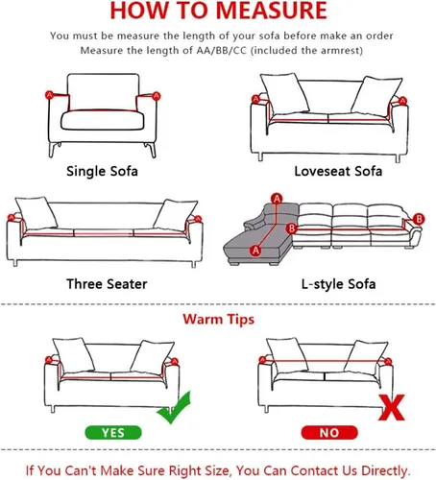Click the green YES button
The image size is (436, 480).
(113, 433)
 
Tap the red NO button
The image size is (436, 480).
(329, 433)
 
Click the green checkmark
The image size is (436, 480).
(175, 409)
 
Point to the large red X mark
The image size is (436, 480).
(392, 407)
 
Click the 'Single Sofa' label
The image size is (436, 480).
(102, 171)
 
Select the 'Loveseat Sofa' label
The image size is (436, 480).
(338, 171)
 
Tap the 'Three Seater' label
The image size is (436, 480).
(107, 284)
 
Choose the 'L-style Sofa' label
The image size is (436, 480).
(338, 284)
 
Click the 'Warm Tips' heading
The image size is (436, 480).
(219, 320)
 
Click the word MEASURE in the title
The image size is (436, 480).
(272, 11)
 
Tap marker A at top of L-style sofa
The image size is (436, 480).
(277, 199)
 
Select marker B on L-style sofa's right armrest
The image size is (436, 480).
(419, 219)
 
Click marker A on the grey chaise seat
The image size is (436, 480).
(255, 251)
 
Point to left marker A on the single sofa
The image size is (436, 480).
(49, 95)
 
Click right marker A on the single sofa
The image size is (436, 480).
(156, 96)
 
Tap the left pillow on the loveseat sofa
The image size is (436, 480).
(284, 93)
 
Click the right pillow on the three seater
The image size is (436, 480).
(175, 215)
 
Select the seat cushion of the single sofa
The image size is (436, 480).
(103, 120)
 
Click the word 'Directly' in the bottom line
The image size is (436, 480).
(385, 470)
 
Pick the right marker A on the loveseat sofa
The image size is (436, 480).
(402, 101)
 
